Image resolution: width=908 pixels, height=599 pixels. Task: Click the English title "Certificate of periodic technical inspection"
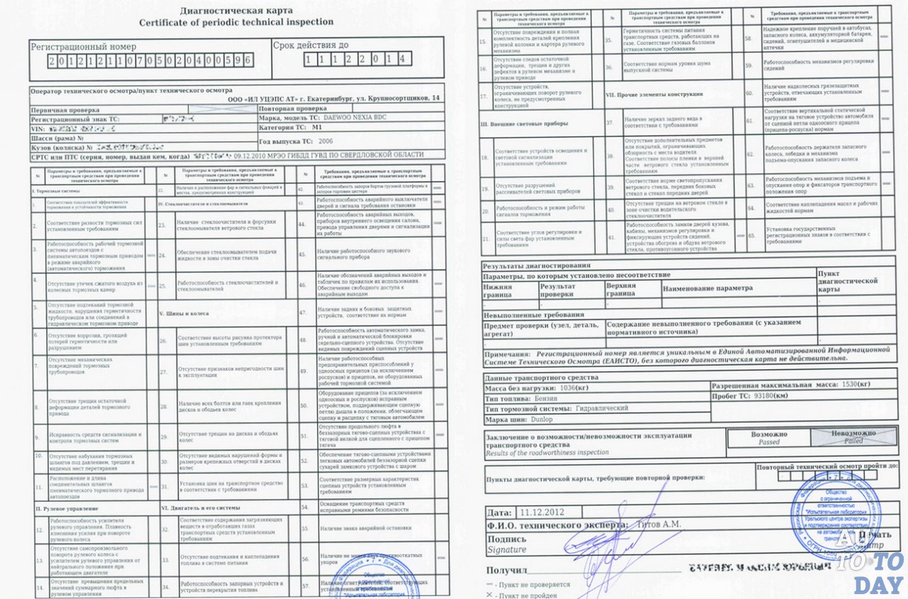[236, 22]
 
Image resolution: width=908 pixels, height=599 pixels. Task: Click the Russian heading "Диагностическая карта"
[236, 10]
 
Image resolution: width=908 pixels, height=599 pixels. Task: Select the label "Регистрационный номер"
[83, 46]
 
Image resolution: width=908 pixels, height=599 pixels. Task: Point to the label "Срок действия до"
[311, 45]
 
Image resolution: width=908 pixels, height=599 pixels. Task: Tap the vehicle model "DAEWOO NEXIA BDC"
[355, 117]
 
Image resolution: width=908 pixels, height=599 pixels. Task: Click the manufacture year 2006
[326, 141]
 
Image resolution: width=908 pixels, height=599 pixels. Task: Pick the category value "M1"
[317, 128]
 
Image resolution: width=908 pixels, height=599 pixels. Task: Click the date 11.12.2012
[541, 511]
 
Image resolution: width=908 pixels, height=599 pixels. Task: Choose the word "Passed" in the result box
[769, 441]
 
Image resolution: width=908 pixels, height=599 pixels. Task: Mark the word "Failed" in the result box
[853, 441]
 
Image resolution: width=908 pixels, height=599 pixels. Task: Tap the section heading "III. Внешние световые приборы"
[524, 123]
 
